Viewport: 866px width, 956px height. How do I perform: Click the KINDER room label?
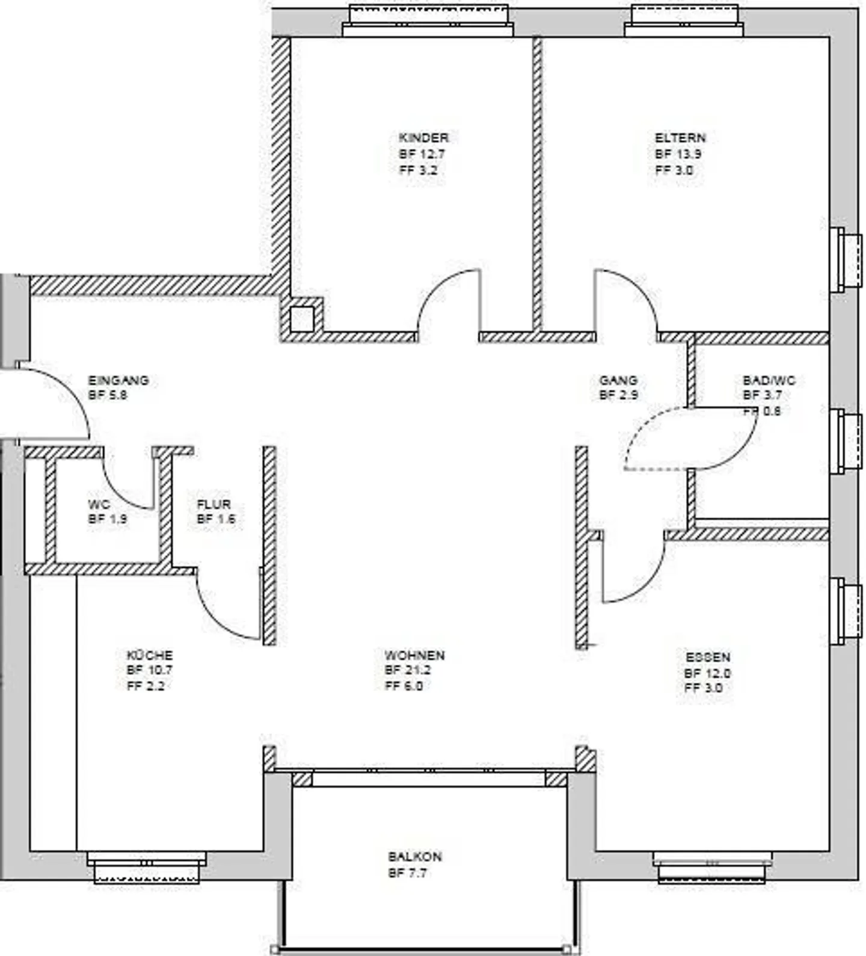coord(423,138)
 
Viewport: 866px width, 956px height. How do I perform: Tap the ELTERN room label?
coord(680,138)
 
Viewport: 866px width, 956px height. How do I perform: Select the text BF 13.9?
coord(678,154)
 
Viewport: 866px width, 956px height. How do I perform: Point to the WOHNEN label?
coord(414,655)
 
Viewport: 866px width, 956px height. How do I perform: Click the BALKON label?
coord(414,857)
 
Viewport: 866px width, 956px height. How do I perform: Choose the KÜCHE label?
coord(149,655)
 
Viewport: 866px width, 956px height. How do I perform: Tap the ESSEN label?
coord(708,658)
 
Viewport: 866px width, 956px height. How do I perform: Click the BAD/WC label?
coord(769,380)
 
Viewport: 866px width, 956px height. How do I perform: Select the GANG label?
coord(618,380)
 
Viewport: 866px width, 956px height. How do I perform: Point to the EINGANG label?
coord(118,380)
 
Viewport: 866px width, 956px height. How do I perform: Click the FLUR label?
coord(213,504)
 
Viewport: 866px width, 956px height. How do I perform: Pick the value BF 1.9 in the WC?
coord(108,519)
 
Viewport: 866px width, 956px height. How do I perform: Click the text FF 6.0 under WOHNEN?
coord(404,686)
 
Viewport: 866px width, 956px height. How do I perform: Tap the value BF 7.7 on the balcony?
coord(407,873)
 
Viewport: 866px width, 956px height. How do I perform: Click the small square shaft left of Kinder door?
coord(302,319)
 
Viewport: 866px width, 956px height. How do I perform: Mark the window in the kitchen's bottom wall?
coord(147,867)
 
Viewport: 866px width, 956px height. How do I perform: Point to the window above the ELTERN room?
coord(684,21)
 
